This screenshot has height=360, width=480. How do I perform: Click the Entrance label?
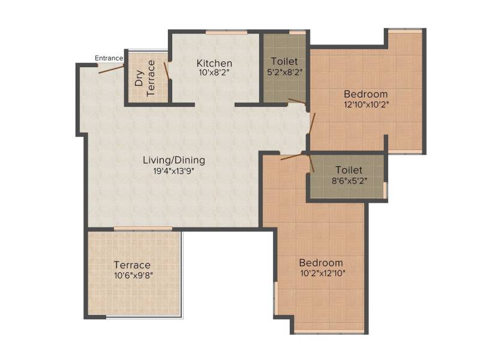tap(109, 58)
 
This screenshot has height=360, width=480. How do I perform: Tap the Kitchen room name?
tap(214, 63)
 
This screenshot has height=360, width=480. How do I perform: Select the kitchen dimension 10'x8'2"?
tap(214, 73)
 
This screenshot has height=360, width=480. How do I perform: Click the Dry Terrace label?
tap(145, 78)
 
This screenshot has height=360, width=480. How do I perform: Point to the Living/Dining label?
tap(174, 160)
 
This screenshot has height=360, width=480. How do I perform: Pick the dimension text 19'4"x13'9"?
tap(174, 171)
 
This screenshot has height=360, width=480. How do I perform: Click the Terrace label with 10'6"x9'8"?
tap(132, 265)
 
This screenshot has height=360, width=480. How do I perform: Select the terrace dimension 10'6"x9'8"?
tap(133, 275)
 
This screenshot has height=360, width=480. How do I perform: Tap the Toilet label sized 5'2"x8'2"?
tap(284, 62)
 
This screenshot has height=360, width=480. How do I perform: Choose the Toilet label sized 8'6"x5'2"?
tap(349, 170)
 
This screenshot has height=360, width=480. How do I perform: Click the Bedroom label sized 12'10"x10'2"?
tap(365, 94)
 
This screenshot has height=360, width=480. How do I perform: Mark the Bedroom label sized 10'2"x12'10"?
tap(321, 263)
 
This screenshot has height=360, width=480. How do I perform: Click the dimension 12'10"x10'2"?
tap(367, 104)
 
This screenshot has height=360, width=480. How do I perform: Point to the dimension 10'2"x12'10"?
tap(323, 273)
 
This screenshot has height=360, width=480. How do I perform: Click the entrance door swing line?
tap(111, 69)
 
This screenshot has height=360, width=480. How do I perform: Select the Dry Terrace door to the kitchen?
tap(167, 71)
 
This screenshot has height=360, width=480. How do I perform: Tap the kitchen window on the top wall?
tap(226, 32)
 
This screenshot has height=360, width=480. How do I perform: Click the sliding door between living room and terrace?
tap(143, 229)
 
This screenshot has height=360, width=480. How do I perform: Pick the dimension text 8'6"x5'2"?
tap(350, 181)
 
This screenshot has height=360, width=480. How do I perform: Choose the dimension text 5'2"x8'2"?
tap(284, 72)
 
